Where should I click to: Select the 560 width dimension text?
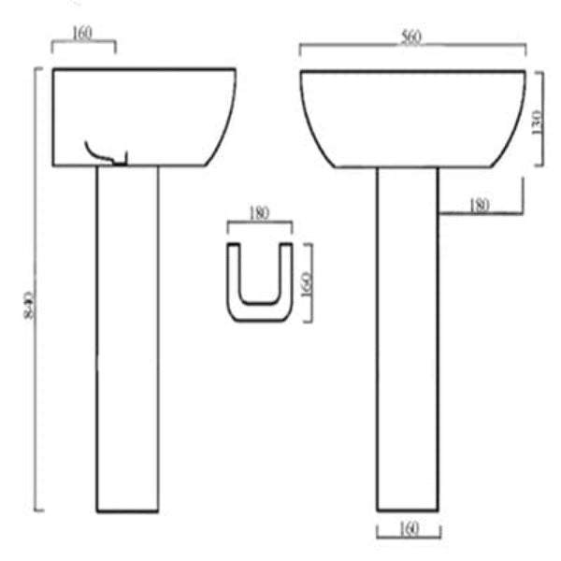[411, 37]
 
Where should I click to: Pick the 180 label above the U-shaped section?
[259, 213]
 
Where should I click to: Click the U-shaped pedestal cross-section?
[259, 280]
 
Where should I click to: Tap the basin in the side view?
[140, 117]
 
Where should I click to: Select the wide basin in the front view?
[411, 117]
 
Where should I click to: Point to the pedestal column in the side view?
[127, 337]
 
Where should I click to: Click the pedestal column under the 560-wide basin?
[407, 337]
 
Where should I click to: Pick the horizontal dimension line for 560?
[355, 45]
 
